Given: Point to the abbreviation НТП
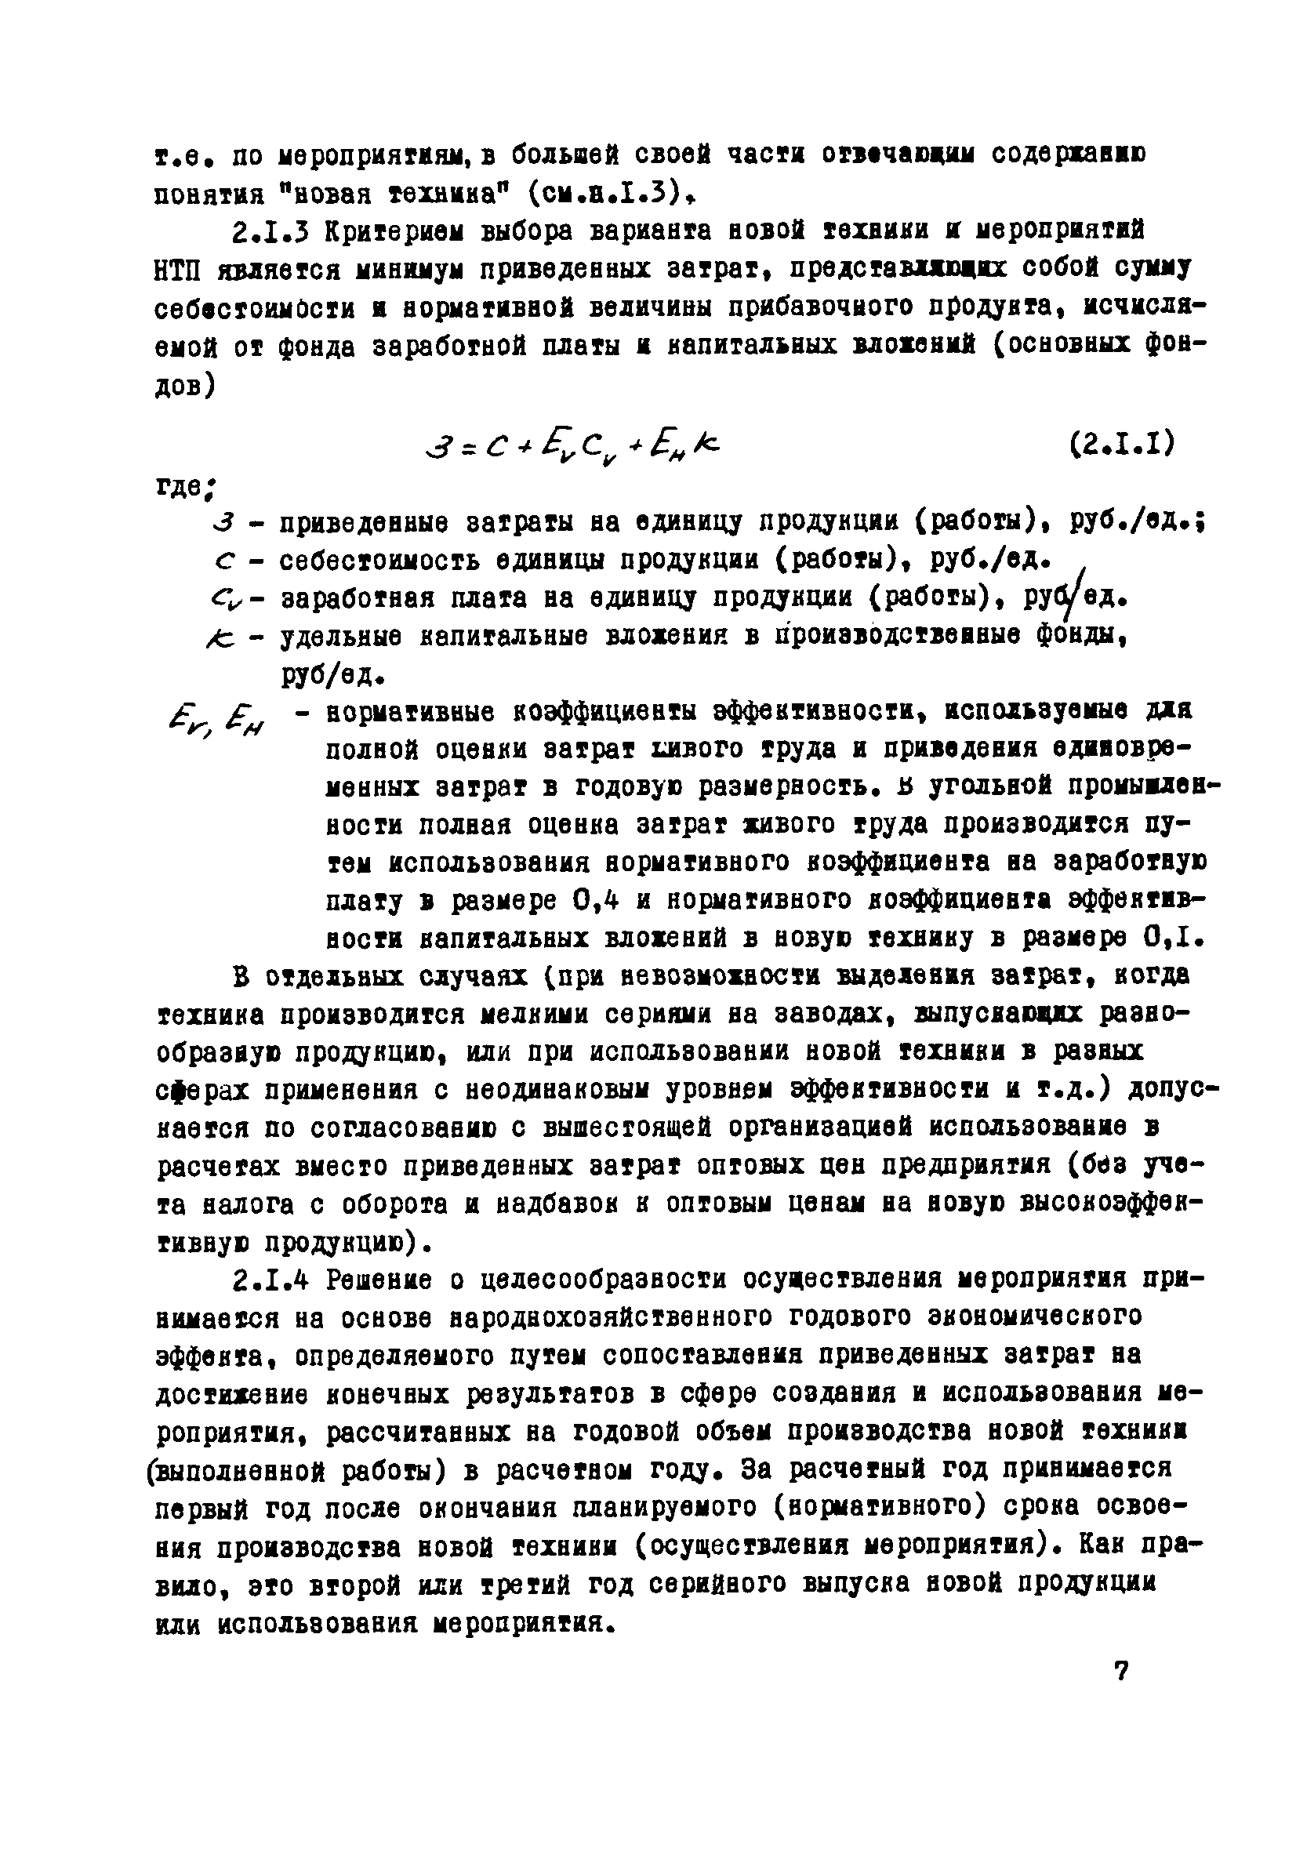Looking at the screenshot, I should (178, 271).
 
